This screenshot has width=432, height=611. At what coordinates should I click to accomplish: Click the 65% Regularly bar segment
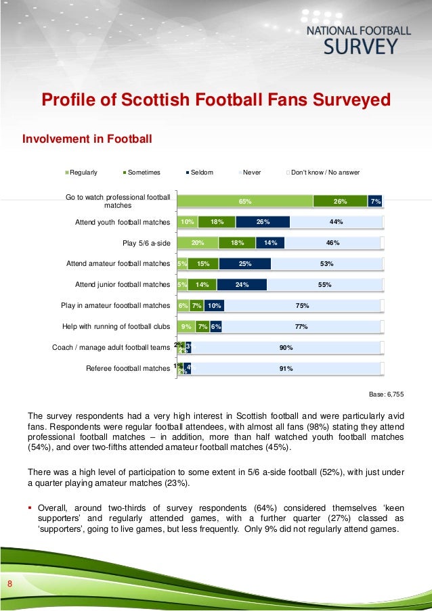244,201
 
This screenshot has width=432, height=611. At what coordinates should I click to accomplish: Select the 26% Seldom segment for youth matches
263,222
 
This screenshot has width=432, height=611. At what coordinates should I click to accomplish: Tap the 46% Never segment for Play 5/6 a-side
332,243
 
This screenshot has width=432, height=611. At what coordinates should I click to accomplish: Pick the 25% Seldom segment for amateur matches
244,264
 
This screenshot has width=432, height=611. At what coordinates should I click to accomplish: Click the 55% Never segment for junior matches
324,285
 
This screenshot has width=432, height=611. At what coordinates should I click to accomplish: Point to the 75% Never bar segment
303,306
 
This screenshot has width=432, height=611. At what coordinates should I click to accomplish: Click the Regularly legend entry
81,173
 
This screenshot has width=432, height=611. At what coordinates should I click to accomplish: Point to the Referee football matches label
127,369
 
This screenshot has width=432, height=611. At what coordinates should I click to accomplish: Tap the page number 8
10,584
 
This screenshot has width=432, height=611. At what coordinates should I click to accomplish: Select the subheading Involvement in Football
88,139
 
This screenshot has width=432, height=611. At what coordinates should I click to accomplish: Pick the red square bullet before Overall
30,507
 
